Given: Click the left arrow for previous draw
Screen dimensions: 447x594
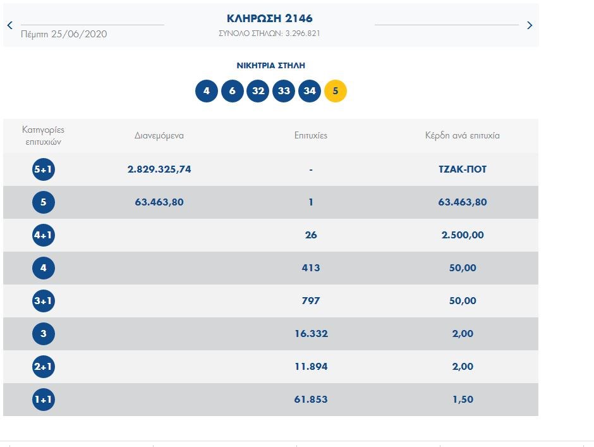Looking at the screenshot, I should click(x=9, y=25).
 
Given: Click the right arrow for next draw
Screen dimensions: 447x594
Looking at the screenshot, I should click(x=530, y=25).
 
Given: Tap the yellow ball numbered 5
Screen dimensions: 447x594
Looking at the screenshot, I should click(x=336, y=91).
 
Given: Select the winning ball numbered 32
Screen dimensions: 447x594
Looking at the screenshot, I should click(x=258, y=91).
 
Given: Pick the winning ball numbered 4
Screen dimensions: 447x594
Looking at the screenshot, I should click(x=207, y=91).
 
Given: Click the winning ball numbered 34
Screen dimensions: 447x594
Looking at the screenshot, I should click(x=310, y=91).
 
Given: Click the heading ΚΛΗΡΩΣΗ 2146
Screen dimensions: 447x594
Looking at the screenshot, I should click(x=270, y=18).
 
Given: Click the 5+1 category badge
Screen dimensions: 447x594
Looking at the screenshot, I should click(x=44, y=169).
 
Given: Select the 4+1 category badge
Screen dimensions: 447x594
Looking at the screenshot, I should click(x=44, y=235).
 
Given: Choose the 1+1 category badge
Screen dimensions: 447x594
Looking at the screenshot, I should click(x=44, y=400).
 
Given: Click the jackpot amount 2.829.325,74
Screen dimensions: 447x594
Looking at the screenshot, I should click(x=159, y=169).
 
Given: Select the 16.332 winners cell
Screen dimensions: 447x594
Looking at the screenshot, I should click(x=311, y=334).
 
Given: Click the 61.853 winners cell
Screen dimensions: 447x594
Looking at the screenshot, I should click(x=311, y=400).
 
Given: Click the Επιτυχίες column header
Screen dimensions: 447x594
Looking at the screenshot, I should click(x=311, y=135).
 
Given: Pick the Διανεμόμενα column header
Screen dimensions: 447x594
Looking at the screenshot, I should click(x=159, y=135).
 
